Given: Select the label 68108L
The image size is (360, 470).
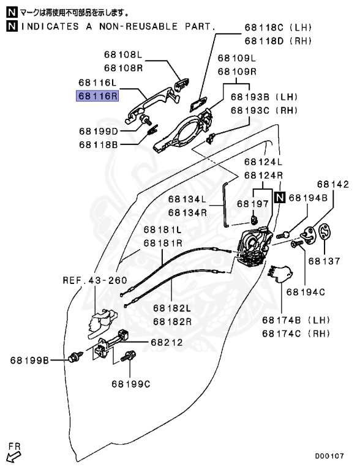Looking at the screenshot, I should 123,55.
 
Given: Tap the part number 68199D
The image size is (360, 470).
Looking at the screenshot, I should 98,130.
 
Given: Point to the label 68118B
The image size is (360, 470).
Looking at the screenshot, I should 98,144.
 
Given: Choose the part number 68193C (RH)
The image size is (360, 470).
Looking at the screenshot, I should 263,110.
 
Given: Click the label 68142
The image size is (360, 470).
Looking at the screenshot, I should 332,184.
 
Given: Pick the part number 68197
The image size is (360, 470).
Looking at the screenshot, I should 253,204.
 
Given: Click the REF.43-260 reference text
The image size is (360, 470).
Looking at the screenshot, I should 94,280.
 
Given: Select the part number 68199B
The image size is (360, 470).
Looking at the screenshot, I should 29,360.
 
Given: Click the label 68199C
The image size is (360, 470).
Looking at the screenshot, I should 130,384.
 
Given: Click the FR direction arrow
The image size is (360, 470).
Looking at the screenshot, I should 12,455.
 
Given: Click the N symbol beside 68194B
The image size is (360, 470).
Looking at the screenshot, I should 279,197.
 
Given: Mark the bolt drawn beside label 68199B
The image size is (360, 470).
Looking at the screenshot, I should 77,355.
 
